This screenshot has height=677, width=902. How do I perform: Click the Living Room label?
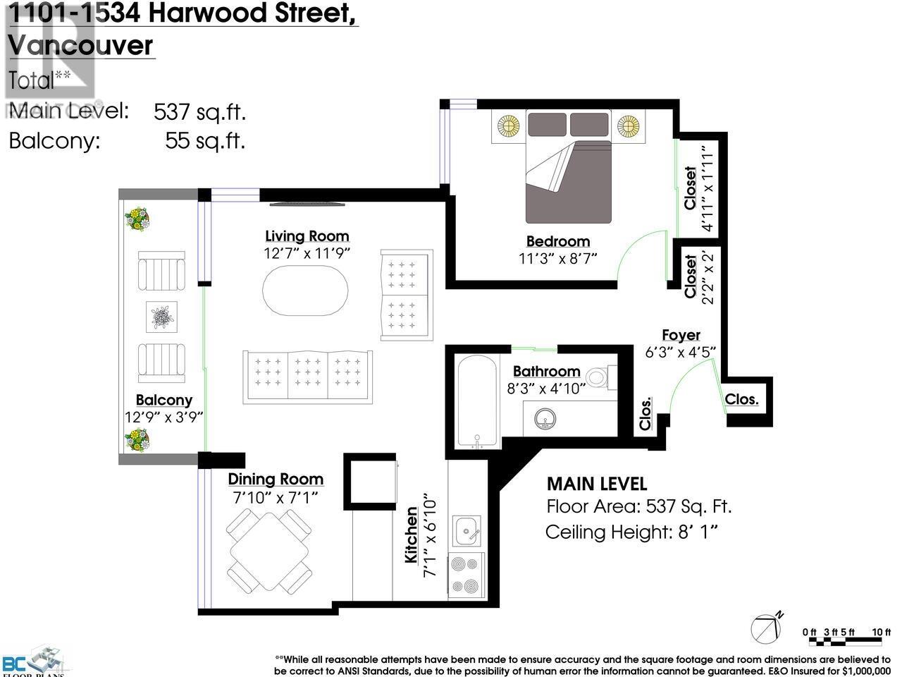307,236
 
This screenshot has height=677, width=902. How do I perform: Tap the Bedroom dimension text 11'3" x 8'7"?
557,258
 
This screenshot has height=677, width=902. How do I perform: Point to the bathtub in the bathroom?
477,402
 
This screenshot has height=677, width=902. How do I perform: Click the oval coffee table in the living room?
305,297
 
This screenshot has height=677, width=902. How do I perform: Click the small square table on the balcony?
161,317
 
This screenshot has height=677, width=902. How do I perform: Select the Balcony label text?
163,400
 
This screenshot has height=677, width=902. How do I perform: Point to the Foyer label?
681,336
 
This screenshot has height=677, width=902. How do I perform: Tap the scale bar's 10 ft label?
882,632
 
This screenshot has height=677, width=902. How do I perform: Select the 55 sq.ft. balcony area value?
205,141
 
